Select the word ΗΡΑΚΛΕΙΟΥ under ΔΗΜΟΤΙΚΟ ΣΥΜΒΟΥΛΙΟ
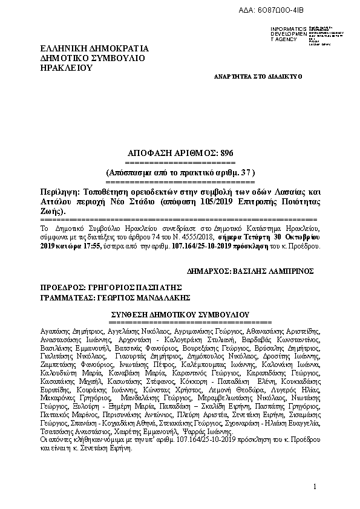[x=65, y=68]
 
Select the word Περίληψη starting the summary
[x=59, y=190]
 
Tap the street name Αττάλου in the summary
[x=56, y=201]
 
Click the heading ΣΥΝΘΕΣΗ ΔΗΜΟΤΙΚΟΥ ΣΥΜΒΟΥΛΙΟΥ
[x=180, y=315]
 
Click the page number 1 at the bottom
[x=315, y=487]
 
